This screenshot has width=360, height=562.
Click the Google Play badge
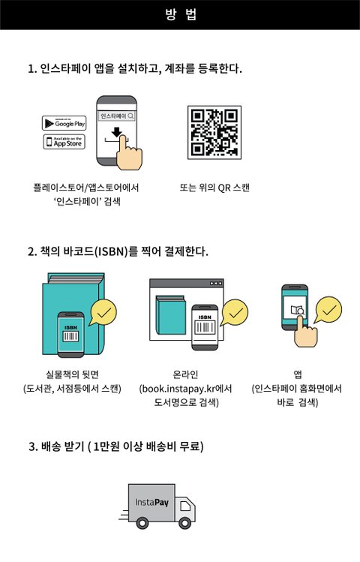[64, 123]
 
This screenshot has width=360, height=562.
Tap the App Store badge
[64, 142]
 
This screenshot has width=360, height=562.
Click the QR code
[214, 132]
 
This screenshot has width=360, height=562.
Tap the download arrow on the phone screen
[117, 132]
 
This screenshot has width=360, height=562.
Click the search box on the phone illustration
[117, 116]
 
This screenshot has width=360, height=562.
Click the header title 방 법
[181, 15]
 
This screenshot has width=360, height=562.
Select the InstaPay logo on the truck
[151, 502]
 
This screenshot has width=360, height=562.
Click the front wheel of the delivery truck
[184, 523]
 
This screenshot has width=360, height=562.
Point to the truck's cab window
[185, 506]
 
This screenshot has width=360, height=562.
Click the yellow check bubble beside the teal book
[103, 313]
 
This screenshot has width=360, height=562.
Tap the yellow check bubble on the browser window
[235, 313]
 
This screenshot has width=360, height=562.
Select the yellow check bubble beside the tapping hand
[328, 310]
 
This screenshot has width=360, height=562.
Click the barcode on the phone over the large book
[70, 337]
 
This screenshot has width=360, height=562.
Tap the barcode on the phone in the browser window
[205, 327]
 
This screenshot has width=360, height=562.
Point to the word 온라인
[185, 374]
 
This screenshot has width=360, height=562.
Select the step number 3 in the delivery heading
[32, 447]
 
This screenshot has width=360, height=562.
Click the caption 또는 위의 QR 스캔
[214, 188]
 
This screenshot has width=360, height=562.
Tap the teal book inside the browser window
[171, 314]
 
